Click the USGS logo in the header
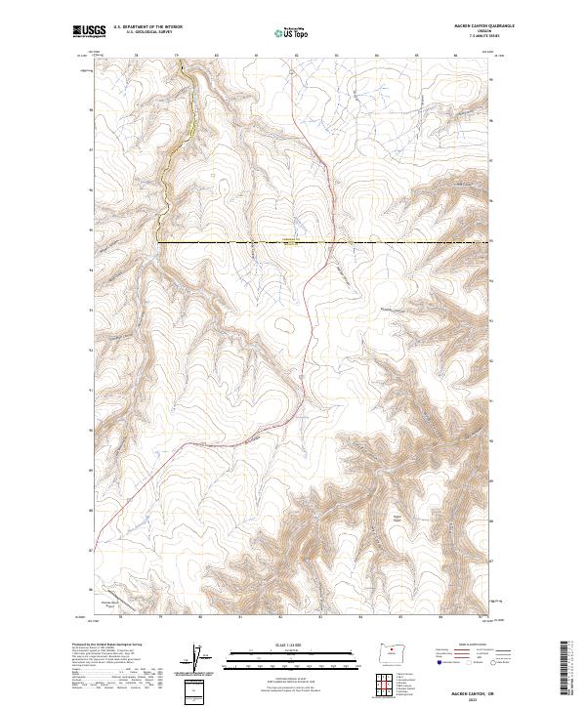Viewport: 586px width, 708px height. coord(89,31)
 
